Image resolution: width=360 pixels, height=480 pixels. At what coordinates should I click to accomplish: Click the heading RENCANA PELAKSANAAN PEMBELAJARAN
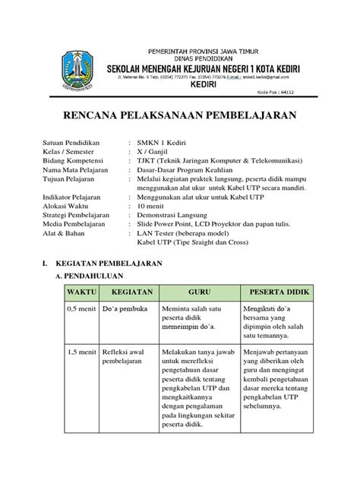click(x=179, y=115)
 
